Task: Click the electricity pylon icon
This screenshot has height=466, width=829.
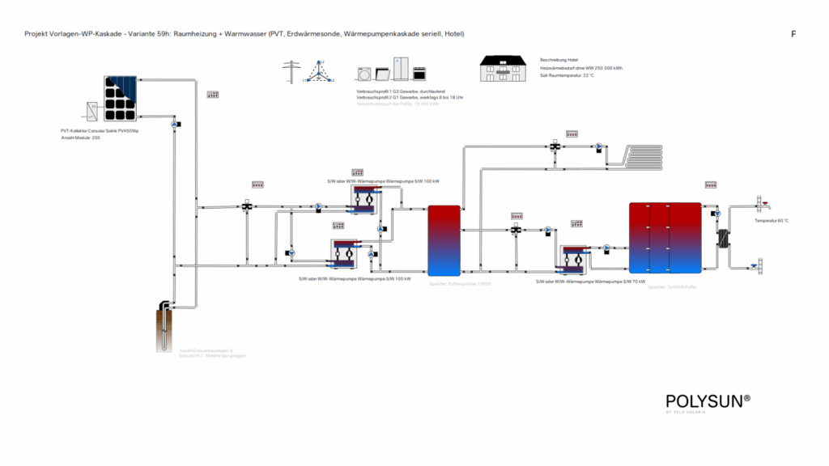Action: (x=291, y=72)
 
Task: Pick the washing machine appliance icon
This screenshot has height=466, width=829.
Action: (x=365, y=74)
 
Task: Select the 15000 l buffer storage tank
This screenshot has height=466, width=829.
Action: (x=443, y=239)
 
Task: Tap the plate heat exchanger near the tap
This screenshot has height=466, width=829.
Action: (x=722, y=239)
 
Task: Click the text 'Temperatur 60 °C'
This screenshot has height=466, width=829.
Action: (x=772, y=220)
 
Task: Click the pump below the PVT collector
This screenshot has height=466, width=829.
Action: (x=174, y=125)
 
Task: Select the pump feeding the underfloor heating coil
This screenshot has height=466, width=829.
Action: (x=598, y=147)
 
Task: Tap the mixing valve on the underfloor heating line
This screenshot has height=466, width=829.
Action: (x=555, y=147)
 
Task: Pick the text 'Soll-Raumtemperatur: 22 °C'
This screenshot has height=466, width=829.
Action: (x=567, y=75)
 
